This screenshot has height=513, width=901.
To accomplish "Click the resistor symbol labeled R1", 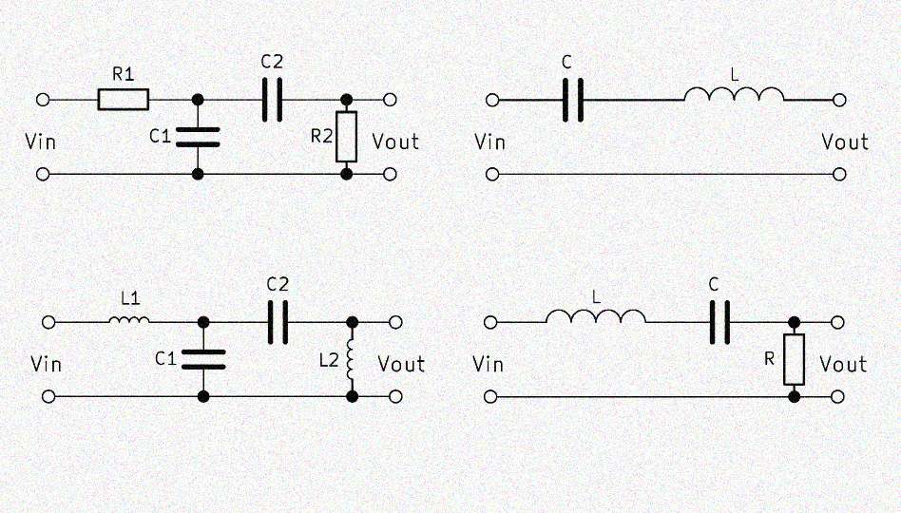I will pos(124,99).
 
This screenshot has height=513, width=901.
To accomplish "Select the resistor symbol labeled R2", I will pos(347,137).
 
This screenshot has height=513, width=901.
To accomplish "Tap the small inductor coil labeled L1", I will pos(128,321).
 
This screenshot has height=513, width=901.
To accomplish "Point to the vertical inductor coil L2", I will pos(352,358).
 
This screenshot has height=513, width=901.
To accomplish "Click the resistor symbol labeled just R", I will pos(794,358).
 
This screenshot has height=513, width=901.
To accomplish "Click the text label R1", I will pos(123,72).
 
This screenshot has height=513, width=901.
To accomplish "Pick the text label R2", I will pos(323,136).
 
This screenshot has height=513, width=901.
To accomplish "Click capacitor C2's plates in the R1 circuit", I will pos(272,99).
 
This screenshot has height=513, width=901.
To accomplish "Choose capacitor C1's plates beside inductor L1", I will pos(203,358).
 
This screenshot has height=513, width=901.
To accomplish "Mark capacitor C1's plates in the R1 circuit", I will pos(198,136).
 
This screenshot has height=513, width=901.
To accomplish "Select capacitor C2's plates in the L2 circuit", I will pos(278,322).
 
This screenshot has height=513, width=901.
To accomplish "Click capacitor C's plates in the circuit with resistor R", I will pos(720,322).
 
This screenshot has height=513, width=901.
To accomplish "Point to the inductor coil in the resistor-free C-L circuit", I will pos(735,95).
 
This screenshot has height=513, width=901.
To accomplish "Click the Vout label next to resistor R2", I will pos(395,142).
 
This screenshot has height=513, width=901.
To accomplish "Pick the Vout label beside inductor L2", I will pos(401,364).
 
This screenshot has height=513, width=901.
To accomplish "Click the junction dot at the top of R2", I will pos(347,99).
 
